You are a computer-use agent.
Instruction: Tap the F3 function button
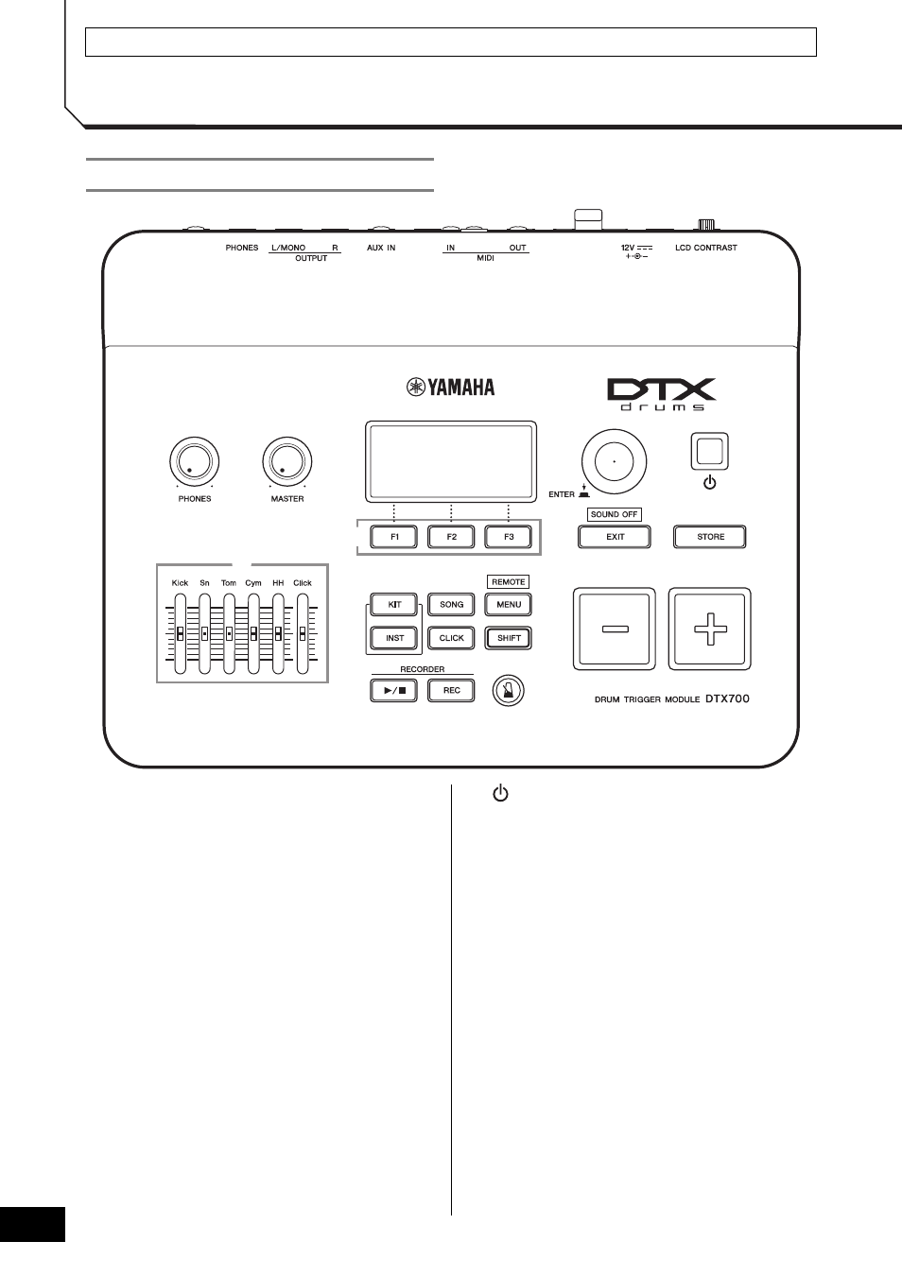pyautogui.click(x=509, y=537)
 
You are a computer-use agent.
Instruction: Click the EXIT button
pyautogui.click(x=615, y=537)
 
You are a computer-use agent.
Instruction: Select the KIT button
pyautogui.click(x=393, y=604)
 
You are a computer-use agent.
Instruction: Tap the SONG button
pyautogui.click(x=451, y=604)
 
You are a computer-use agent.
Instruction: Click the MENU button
pyautogui.click(x=509, y=604)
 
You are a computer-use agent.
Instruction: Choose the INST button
pyautogui.click(x=393, y=638)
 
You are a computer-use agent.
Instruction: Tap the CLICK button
pyautogui.click(x=451, y=638)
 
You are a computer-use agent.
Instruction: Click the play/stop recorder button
pyautogui.click(x=393, y=690)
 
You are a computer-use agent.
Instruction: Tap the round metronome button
pyautogui.click(x=509, y=690)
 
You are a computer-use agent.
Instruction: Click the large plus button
pyautogui.click(x=710, y=629)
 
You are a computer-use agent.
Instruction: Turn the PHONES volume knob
pyautogui.click(x=195, y=461)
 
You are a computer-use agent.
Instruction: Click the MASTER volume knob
pyautogui.click(x=287, y=461)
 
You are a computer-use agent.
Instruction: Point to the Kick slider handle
pyautogui.click(x=180, y=633)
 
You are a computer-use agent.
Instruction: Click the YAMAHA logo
pyautogui.click(x=450, y=388)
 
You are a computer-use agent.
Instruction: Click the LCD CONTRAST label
pyautogui.click(x=706, y=248)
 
